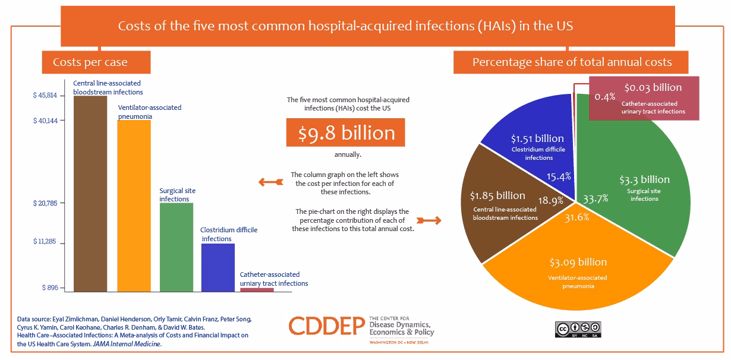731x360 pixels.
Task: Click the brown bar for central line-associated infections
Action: (90, 193)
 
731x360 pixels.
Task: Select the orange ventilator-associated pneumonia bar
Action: (134, 205)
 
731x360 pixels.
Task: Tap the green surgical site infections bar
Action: (177, 247)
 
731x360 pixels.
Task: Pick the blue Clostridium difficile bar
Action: (218, 267)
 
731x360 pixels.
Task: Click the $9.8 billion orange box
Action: (345, 132)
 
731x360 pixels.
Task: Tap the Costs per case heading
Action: (90, 62)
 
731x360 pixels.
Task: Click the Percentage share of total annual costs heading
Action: (571, 62)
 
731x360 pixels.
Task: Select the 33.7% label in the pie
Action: (596, 198)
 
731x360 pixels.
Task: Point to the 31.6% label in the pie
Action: (576, 217)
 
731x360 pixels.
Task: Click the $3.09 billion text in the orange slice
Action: (578, 262)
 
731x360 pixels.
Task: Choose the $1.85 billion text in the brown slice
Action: (497, 195)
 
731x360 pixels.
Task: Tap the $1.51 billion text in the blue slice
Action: (537, 138)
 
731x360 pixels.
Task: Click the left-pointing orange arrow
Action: (269, 182)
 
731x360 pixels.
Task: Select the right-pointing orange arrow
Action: (429, 220)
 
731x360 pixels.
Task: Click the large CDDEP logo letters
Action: (327, 326)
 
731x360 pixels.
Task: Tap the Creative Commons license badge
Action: (578, 329)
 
